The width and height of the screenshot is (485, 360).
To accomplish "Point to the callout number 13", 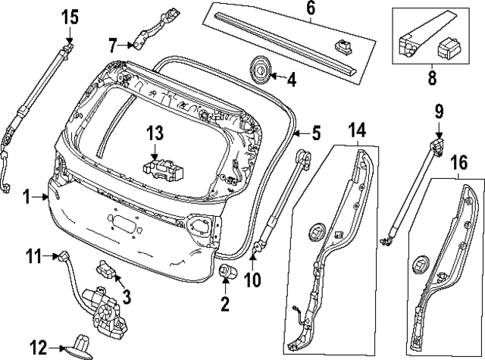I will click(x=155, y=133).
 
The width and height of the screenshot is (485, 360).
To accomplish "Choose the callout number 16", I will click(x=458, y=163).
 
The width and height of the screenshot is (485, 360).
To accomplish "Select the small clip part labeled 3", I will click(x=106, y=269).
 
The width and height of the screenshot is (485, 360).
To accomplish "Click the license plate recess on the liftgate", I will click(x=123, y=222).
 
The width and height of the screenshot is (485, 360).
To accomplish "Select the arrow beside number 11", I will click(x=55, y=256).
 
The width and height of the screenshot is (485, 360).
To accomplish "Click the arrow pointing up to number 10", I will click(x=252, y=262).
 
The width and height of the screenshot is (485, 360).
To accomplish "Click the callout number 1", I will click(x=27, y=197).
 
